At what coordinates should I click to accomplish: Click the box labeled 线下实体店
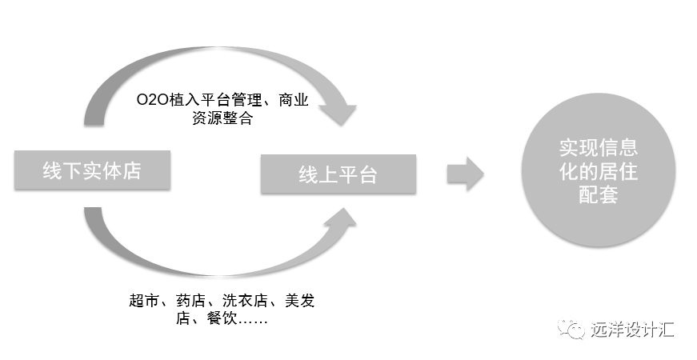point(91,170)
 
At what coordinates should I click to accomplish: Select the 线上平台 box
point(338,174)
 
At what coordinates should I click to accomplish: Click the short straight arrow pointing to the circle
point(465,174)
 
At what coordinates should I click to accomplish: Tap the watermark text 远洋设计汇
point(632,329)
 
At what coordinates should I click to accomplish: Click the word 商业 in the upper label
point(293,102)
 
